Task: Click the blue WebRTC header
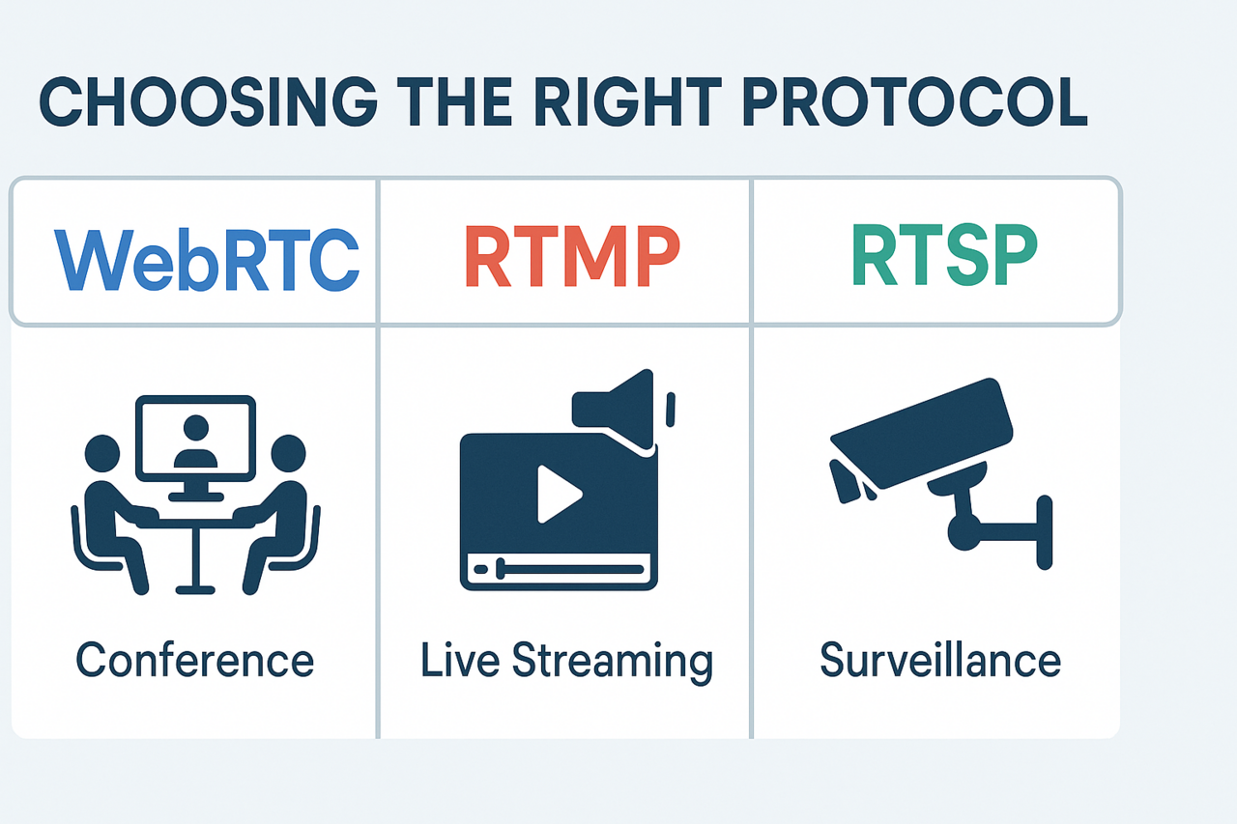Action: tap(207, 258)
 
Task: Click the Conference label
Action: tap(195, 662)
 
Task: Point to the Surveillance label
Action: tap(940, 662)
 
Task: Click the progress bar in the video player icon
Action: tap(557, 570)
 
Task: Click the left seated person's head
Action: tap(101, 452)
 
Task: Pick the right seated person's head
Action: tap(288, 452)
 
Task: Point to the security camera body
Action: tap(923, 431)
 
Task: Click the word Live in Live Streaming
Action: tap(459, 662)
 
